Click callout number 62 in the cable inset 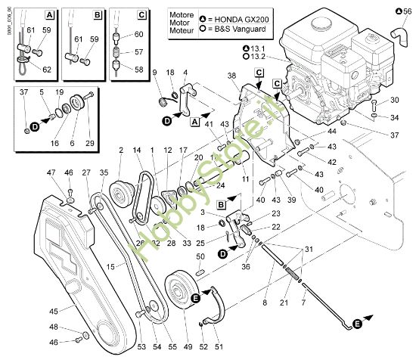coord(48,70)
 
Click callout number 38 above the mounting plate coord(231,76)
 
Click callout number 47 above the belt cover coord(52,173)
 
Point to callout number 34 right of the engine coord(395,117)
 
